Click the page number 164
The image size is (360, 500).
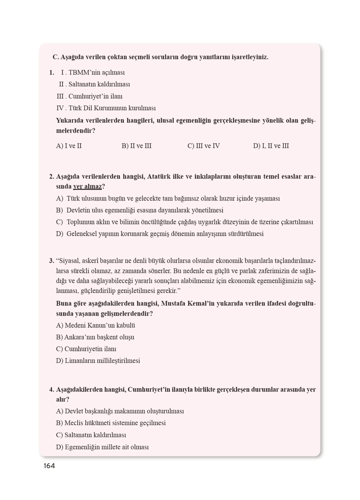click(49, 466)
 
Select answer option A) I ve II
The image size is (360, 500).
click(69, 146)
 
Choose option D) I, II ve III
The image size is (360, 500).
click(271, 146)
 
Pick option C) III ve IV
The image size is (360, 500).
click(204, 146)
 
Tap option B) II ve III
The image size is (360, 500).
click(137, 146)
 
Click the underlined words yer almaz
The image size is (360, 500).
click(87, 187)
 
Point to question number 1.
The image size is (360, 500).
click(51, 72)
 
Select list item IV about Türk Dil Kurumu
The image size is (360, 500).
click(106, 108)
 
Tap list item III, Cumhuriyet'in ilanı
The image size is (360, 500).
click(90, 96)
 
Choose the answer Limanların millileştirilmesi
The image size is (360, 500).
click(98, 361)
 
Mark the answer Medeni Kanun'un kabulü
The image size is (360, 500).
click(96, 325)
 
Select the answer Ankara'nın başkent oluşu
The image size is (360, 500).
click(95, 337)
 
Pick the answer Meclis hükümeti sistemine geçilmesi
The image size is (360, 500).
click(111, 423)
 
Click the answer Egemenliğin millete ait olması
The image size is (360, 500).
click(102, 447)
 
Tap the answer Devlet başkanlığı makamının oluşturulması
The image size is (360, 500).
click(120, 411)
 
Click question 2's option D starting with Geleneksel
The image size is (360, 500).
click(160, 234)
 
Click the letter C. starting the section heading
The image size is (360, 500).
click(56, 57)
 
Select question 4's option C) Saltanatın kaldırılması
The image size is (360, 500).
click(91, 435)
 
